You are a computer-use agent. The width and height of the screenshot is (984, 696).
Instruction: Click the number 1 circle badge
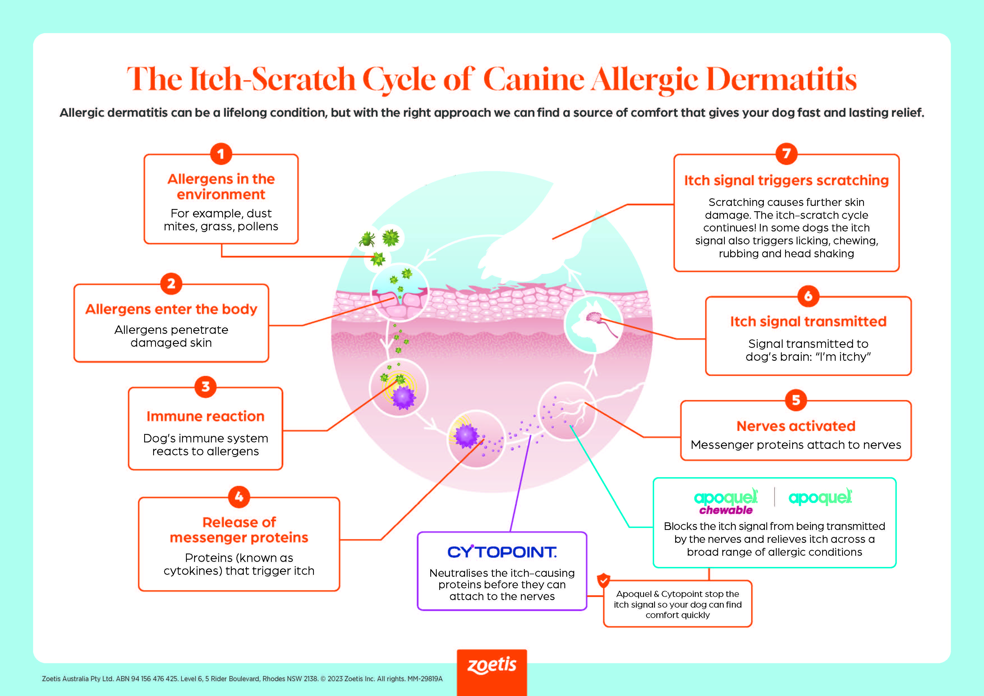[221, 154]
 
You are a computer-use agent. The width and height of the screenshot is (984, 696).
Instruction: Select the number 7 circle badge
[787, 153]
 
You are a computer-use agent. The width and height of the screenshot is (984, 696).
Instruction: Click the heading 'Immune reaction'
[205, 416]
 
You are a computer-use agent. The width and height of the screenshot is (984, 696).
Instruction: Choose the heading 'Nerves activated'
[796, 426]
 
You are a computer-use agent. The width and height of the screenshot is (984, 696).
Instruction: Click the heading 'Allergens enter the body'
[171, 309]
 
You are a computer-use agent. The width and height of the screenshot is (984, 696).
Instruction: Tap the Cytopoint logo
[502, 552]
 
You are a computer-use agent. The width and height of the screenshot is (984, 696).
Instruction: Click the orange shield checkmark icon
[603, 580]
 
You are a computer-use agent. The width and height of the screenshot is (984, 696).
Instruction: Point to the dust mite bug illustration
[367, 239]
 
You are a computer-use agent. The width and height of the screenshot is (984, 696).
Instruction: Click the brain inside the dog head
[594, 318]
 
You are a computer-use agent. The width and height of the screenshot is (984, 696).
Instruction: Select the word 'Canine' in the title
[534, 80]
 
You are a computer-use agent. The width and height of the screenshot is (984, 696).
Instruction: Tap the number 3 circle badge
[205, 387]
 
